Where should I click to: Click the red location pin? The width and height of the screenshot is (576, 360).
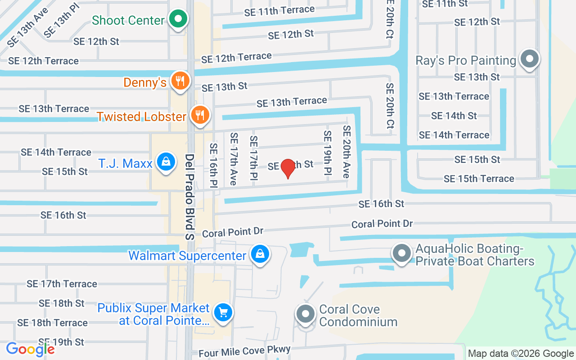(x=288, y=168)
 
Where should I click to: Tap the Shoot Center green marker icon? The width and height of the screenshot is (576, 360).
(x=179, y=19)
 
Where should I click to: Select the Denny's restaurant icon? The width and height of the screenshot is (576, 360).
(x=180, y=81)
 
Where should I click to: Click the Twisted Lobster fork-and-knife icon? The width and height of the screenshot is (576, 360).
(x=200, y=115)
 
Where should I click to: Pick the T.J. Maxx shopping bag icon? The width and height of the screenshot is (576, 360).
(x=166, y=162)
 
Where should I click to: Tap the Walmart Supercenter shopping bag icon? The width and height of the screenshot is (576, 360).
(x=260, y=254)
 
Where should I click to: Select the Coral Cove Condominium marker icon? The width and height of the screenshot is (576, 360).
(x=306, y=314)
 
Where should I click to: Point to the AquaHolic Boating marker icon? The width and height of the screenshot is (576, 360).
(x=402, y=253)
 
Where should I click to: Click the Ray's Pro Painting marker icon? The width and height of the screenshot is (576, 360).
(x=530, y=58)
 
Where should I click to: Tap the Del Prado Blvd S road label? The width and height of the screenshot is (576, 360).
(x=189, y=197)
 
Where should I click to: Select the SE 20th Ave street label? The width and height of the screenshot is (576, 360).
(x=346, y=151)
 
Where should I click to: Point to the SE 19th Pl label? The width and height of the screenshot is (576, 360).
(x=327, y=153)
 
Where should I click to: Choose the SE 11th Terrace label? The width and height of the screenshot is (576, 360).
(x=279, y=11)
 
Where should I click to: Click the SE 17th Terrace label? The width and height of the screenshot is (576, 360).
(x=62, y=284)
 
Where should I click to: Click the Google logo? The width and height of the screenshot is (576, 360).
(x=30, y=349)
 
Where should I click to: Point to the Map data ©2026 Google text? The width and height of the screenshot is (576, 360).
(x=521, y=354)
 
